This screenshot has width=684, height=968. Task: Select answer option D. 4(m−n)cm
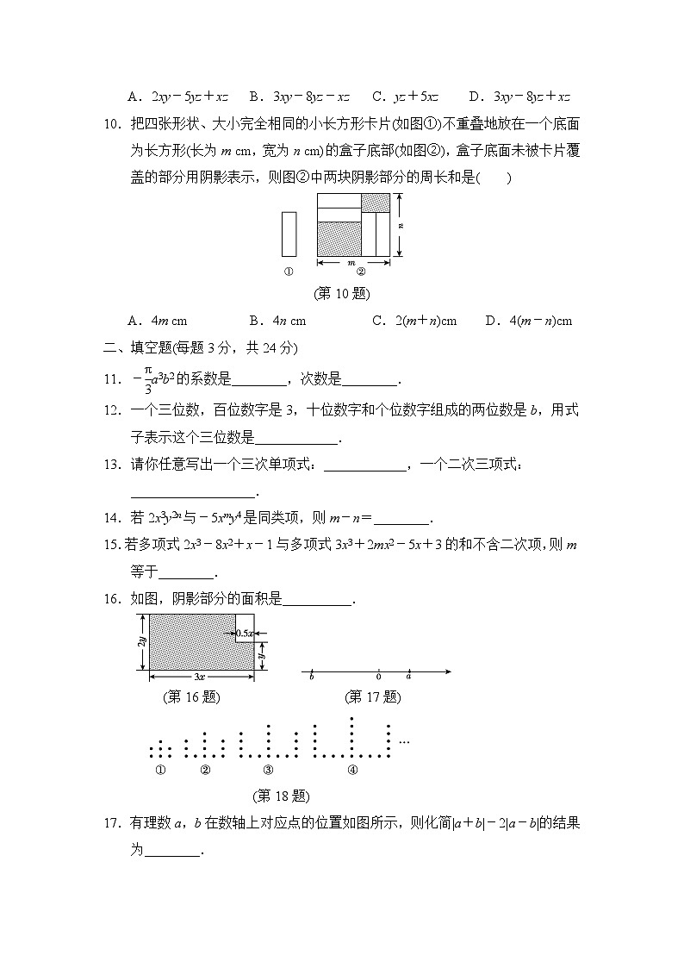tap(529, 321)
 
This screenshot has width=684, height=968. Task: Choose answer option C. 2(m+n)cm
tap(414, 321)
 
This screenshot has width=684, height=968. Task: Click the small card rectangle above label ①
tap(289, 234)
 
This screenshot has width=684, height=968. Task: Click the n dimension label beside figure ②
tap(401, 224)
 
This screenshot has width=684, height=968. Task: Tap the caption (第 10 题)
tap(342, 293)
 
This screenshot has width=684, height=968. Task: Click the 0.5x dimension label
tap(246, 634)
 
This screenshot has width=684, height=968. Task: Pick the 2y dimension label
tap(140, 642)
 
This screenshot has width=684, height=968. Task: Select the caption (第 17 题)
tap(373, 696)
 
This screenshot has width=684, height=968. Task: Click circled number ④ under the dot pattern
tap(352, 770)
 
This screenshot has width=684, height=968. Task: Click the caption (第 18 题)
tap(282, 796)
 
